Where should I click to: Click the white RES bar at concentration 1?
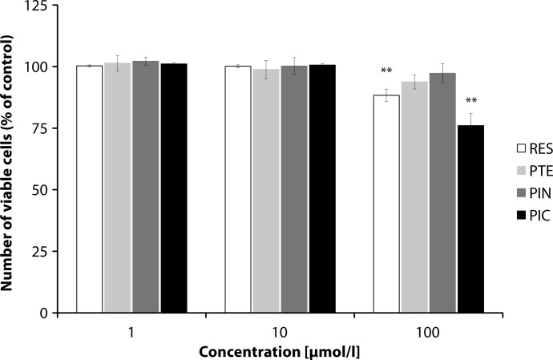click(89, 189)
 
